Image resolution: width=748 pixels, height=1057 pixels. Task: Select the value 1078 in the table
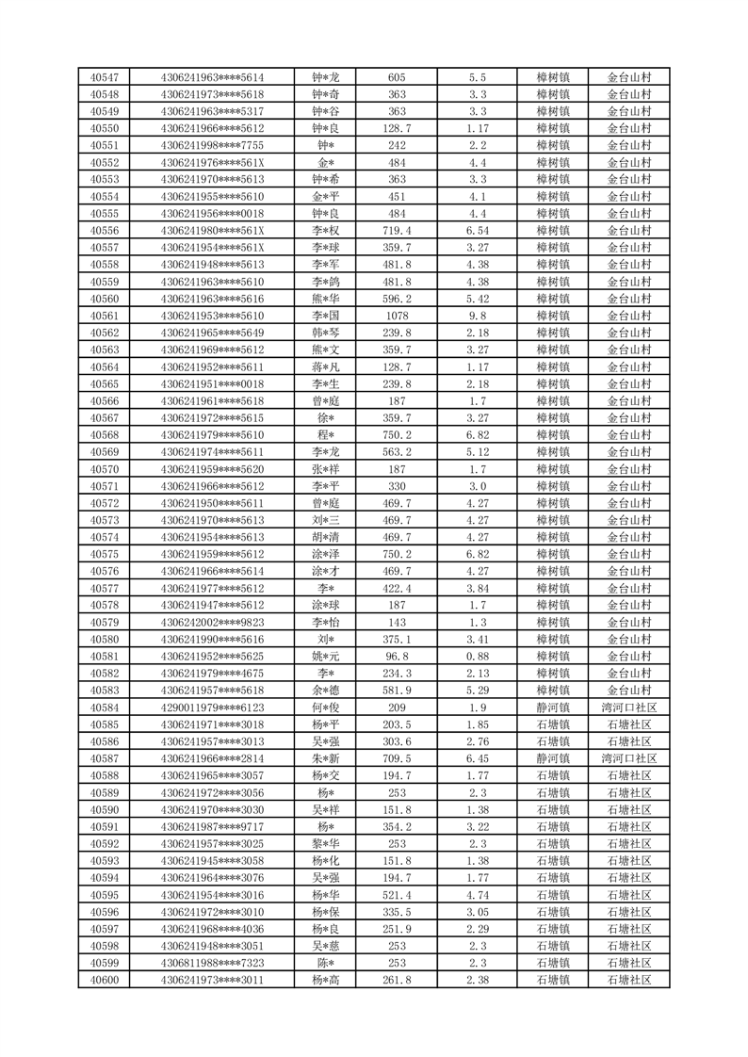click(397, 316)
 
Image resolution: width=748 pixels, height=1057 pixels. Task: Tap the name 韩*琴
click(325, 333)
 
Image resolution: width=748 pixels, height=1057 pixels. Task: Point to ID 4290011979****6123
click(213, 707)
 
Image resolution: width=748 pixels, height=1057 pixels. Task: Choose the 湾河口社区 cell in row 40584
click(628, 707)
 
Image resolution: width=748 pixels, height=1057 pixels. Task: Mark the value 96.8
click(397, 656)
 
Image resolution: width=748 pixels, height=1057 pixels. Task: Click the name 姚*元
click(325, 656)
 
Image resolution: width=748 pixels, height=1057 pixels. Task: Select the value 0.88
click(477, 656)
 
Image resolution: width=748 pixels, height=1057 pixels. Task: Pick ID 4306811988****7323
click(213, 963)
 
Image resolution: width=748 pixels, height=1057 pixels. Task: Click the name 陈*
click(325, 963)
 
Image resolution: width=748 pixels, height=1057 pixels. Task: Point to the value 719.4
click(397, 231)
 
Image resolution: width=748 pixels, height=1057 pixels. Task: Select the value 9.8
click(477, 316)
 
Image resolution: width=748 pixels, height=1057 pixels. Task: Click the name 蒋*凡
click(325, 366)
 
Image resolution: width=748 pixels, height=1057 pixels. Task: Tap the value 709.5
click(397, 758)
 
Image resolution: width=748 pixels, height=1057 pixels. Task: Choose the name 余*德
click(325, 690)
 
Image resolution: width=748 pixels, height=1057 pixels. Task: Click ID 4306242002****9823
click(213, 622)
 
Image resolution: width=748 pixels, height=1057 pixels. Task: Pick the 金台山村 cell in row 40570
click(628, 469)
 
